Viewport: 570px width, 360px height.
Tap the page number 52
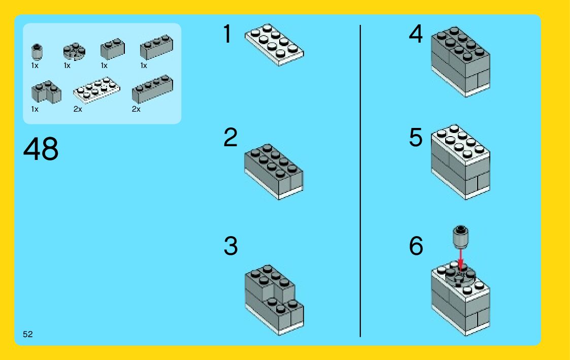(27, 334)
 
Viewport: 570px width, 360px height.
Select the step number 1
(228, 34)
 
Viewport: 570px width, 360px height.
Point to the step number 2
(230, 137)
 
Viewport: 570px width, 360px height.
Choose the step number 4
(416, 34)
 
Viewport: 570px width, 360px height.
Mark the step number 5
(416, 137)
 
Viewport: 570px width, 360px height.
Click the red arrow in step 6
(460, 259)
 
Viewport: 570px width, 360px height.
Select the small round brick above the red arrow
(460, 237)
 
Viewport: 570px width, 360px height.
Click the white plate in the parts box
(96, 90)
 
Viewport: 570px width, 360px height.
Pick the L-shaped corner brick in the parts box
(46, 92)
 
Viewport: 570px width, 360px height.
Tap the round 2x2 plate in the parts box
(74, 51)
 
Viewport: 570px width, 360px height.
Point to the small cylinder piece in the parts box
(37, 52)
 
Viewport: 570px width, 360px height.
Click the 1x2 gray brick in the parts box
(113, 49)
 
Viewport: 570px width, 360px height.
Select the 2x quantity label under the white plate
(78, 109)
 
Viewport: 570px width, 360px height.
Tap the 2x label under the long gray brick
(136, 109)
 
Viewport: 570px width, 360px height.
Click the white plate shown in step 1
(274, 45)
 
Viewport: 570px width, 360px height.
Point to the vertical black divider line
(360, 181)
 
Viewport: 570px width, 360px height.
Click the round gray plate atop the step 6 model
(460, 276)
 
